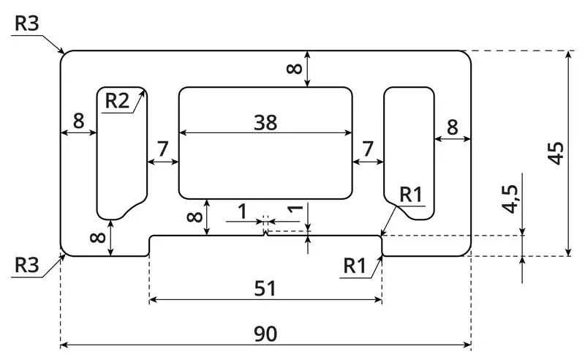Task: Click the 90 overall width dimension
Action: click(x=265, y=334)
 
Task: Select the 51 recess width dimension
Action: click(x=265, y=289)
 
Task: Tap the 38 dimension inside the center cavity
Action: click(x=265, y=123)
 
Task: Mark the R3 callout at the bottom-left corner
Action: click(x=26, y=265)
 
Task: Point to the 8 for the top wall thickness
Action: click(x=294, y=69)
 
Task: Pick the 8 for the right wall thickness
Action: click(x=452, y=127)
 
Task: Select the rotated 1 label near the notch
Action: click(x=295, y=209)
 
